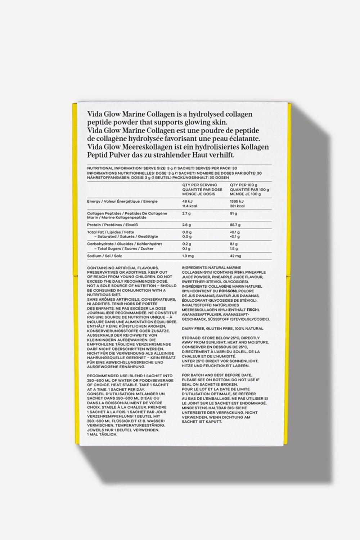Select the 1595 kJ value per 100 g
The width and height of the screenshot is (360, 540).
point(237,202)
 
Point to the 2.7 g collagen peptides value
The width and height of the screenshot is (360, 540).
point(186,213)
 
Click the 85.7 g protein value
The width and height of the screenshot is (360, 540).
point(235,225)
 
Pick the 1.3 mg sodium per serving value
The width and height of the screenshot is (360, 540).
point(188,256)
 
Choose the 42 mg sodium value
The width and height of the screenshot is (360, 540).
point(235,256)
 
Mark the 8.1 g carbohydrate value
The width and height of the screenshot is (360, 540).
point(233,244)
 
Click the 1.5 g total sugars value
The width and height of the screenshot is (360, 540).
point(233,249)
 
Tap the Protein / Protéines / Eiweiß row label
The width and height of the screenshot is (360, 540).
point(108,225)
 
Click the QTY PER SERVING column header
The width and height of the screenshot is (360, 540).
point(199,185)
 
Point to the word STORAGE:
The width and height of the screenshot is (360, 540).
point(192,338)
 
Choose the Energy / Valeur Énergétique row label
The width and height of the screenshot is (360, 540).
point(122,202)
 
